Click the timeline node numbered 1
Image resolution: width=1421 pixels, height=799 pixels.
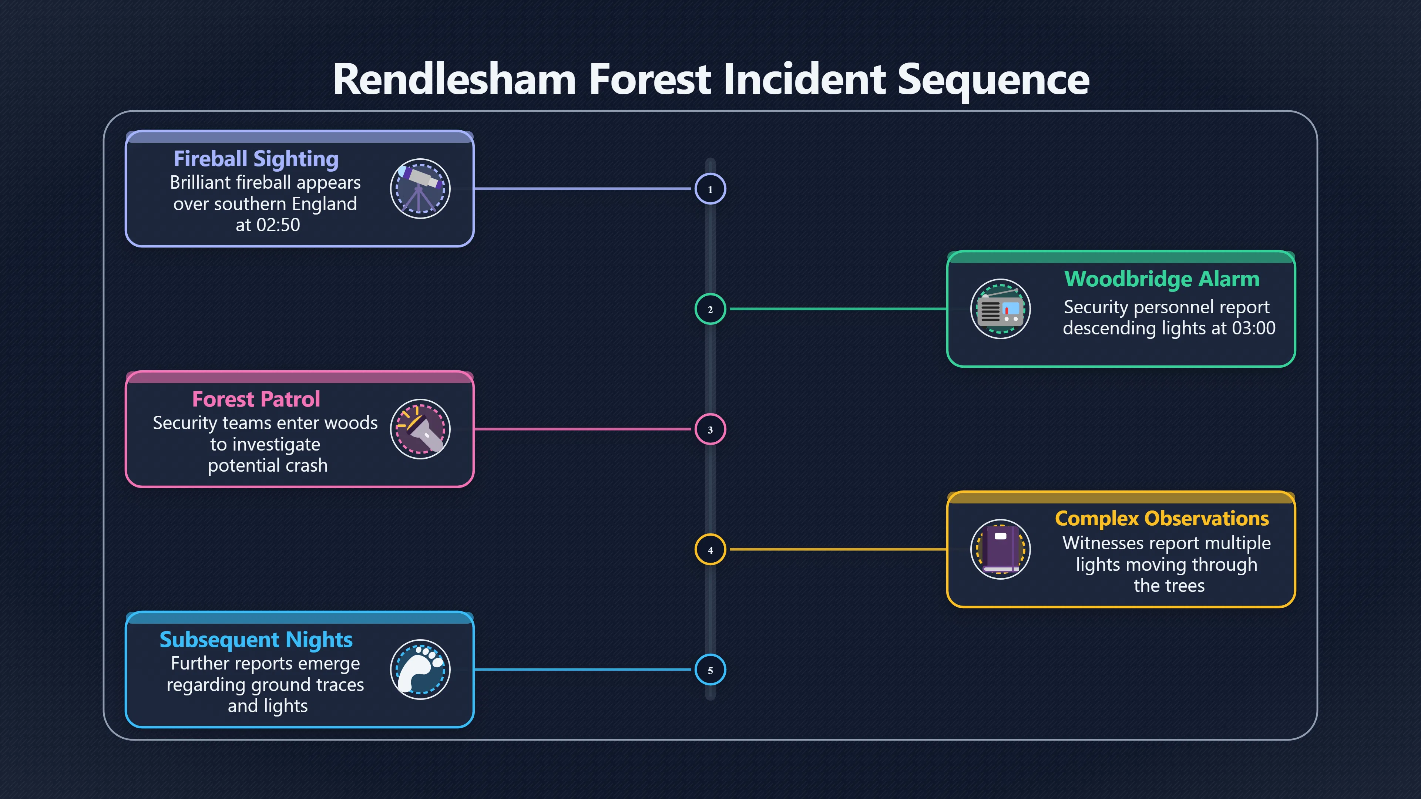click(x=710, y=189)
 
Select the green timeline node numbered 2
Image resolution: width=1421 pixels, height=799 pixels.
click(x=710, y=309)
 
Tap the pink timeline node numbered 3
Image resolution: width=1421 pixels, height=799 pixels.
click(x=710, y=429)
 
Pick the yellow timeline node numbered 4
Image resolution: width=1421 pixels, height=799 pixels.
click(x=710, y=550)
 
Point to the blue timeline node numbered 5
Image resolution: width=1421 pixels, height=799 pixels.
click(x=710, y=670)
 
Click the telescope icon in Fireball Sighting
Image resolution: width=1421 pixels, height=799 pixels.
click(x=420, y=189)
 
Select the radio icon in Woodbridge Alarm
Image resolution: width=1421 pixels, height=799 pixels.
click(x=1000, y=309)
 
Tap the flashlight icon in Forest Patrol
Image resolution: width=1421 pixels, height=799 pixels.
click(x=420, y=429)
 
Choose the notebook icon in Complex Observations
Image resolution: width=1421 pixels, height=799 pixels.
click(x=1000, y=550)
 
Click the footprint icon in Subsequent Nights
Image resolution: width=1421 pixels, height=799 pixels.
click(x=420, y=670)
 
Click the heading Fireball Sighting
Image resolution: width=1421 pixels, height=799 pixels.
click(x=256, y=159)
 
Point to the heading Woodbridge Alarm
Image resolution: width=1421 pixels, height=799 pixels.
click(x=1162, y=279)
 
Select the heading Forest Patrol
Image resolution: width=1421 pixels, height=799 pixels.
click(x=256, y=399)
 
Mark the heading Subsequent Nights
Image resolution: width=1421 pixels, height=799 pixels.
click(x=256, y=640)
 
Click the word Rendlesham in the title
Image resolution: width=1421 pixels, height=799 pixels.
click(x=454, y=80)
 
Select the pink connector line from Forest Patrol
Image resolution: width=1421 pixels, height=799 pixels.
click(x=582, y=429)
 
